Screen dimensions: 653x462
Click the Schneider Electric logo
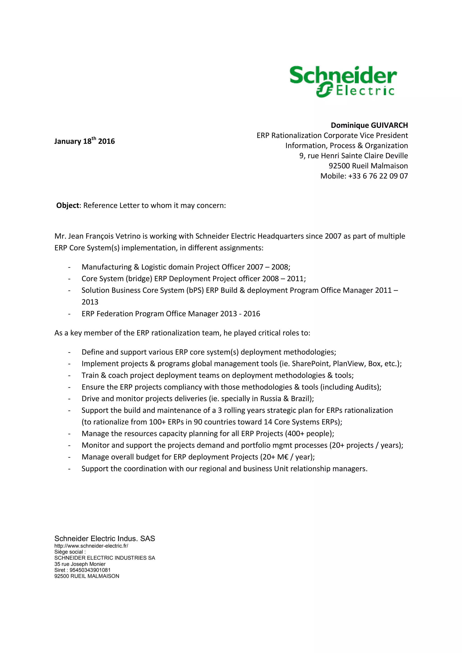point(343,82)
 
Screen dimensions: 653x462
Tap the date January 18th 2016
point(85,141)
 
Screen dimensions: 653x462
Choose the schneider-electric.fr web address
point(91,546)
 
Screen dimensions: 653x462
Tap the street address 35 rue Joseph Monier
point(80,564)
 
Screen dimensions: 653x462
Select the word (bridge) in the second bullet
point(139,279)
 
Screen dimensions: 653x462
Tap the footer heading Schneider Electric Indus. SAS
point(105,538)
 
